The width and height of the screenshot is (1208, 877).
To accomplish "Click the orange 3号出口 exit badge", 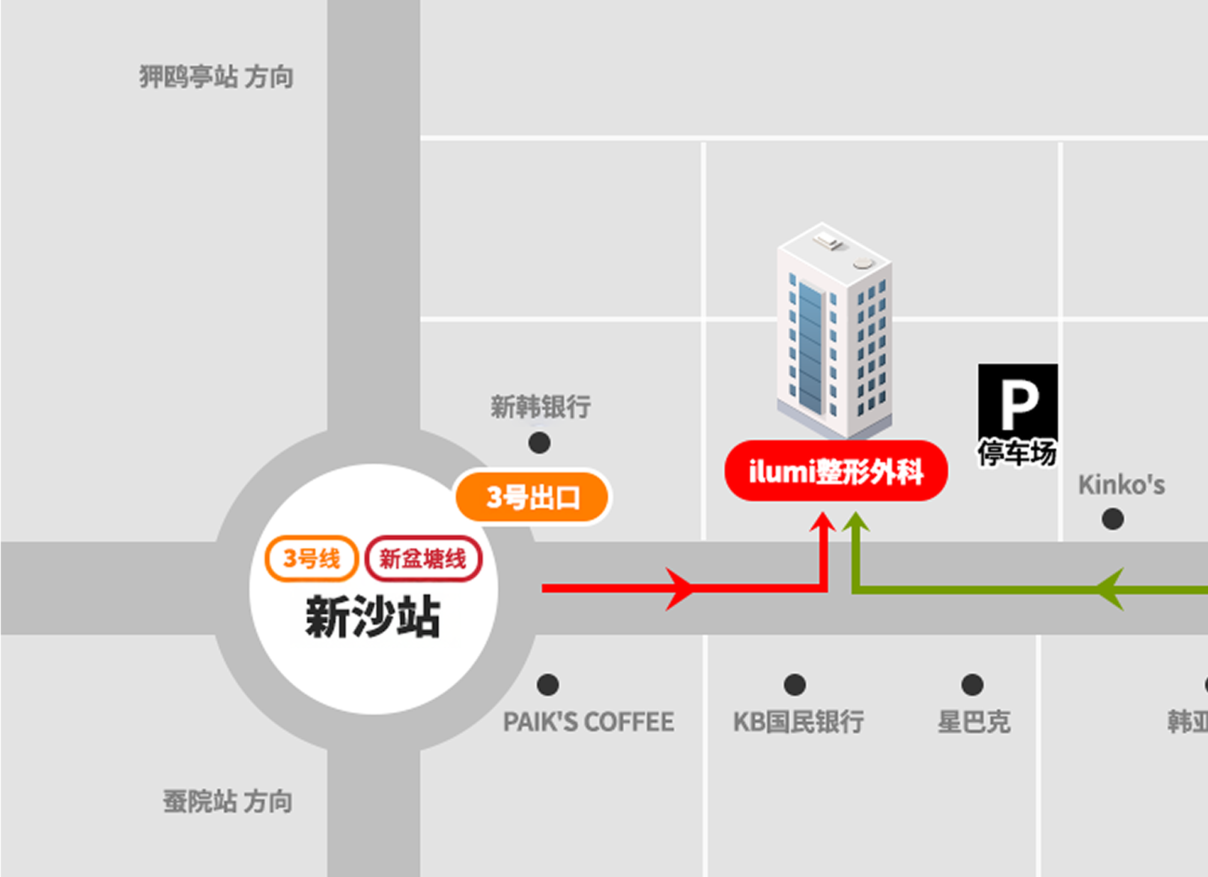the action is [532, 497].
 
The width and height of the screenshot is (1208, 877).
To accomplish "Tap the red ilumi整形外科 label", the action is [836, 471].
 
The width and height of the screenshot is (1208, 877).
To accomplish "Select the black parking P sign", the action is [1018, 401].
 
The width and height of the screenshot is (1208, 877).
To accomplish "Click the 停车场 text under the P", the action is [1017, 453].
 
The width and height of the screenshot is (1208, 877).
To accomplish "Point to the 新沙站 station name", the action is [373, 618].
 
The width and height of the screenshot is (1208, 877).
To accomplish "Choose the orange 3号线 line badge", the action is [312, 558].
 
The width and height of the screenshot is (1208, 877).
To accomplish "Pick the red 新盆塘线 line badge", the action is [423, 558].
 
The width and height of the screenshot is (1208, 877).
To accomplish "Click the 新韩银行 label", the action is [541, 407].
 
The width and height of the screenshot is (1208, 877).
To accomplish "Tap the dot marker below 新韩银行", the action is [539, 443].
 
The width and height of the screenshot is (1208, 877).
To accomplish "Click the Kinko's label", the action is [1121, 485].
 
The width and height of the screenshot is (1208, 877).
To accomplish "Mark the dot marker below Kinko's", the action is [1113, 519].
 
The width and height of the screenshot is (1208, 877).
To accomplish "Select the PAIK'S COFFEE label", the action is [589, 722].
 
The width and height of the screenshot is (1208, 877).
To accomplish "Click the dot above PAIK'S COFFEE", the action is [548, 684].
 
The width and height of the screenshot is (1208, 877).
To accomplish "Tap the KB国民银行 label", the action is [798, 722].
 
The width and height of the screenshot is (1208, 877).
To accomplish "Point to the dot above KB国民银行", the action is [795, 684].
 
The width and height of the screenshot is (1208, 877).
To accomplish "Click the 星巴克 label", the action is [974, 722].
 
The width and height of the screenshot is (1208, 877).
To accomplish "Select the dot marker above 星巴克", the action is [972, 684].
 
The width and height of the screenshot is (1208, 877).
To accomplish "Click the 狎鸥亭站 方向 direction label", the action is [216, 76].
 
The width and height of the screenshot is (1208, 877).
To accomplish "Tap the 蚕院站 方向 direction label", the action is [228, 801].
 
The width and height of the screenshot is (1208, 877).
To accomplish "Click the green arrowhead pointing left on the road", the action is [1110, 589].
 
